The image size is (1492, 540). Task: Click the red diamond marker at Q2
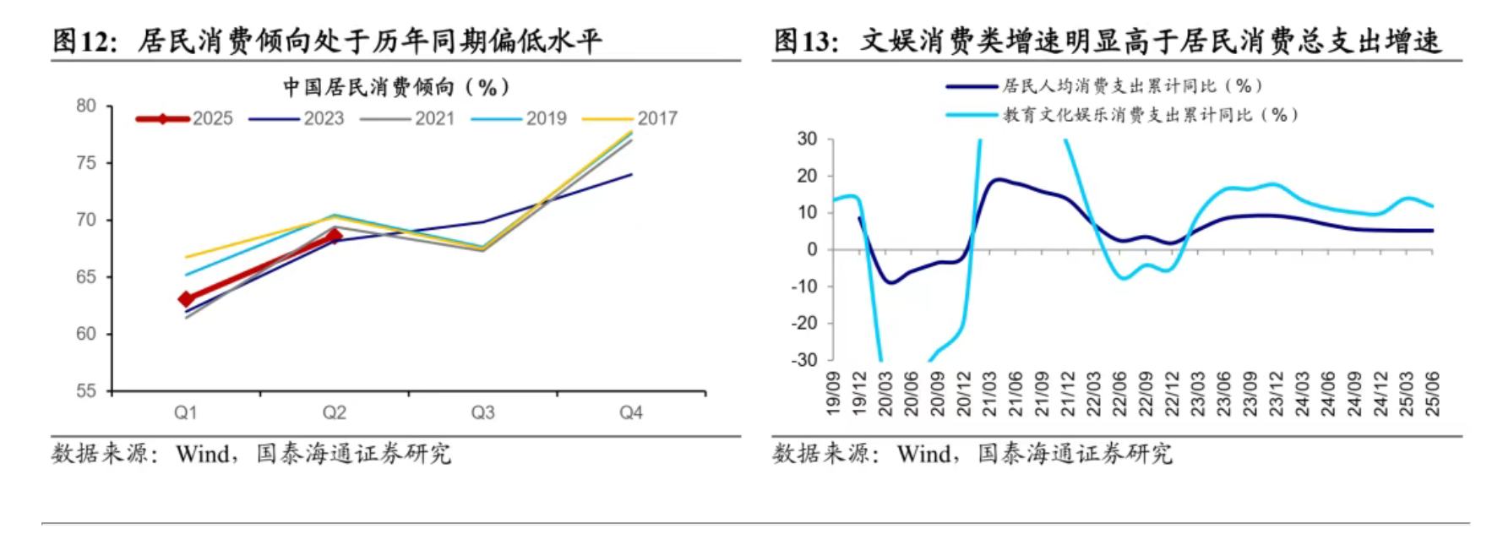(x=335, y=236)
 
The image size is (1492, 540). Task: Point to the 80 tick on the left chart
(x=86, y=106)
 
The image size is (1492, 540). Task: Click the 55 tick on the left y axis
(x=86, y=391)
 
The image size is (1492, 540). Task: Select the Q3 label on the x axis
(x=482, y=412)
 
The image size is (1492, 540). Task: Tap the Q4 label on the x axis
(x=631, y=412)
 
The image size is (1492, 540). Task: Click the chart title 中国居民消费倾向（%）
(x=396, y=87)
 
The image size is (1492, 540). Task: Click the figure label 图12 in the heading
(x=84, y=40)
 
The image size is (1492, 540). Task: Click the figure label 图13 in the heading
(x=805, y=40)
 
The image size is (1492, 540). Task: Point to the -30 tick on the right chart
(x=804, y=360)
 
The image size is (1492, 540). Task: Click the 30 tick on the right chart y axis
(x=809, y=139)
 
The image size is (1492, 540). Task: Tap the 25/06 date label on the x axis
(x=1432, y=394)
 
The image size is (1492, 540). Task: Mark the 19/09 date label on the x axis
(x=833, y=394)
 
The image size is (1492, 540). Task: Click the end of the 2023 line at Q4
(x=631, y=175)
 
